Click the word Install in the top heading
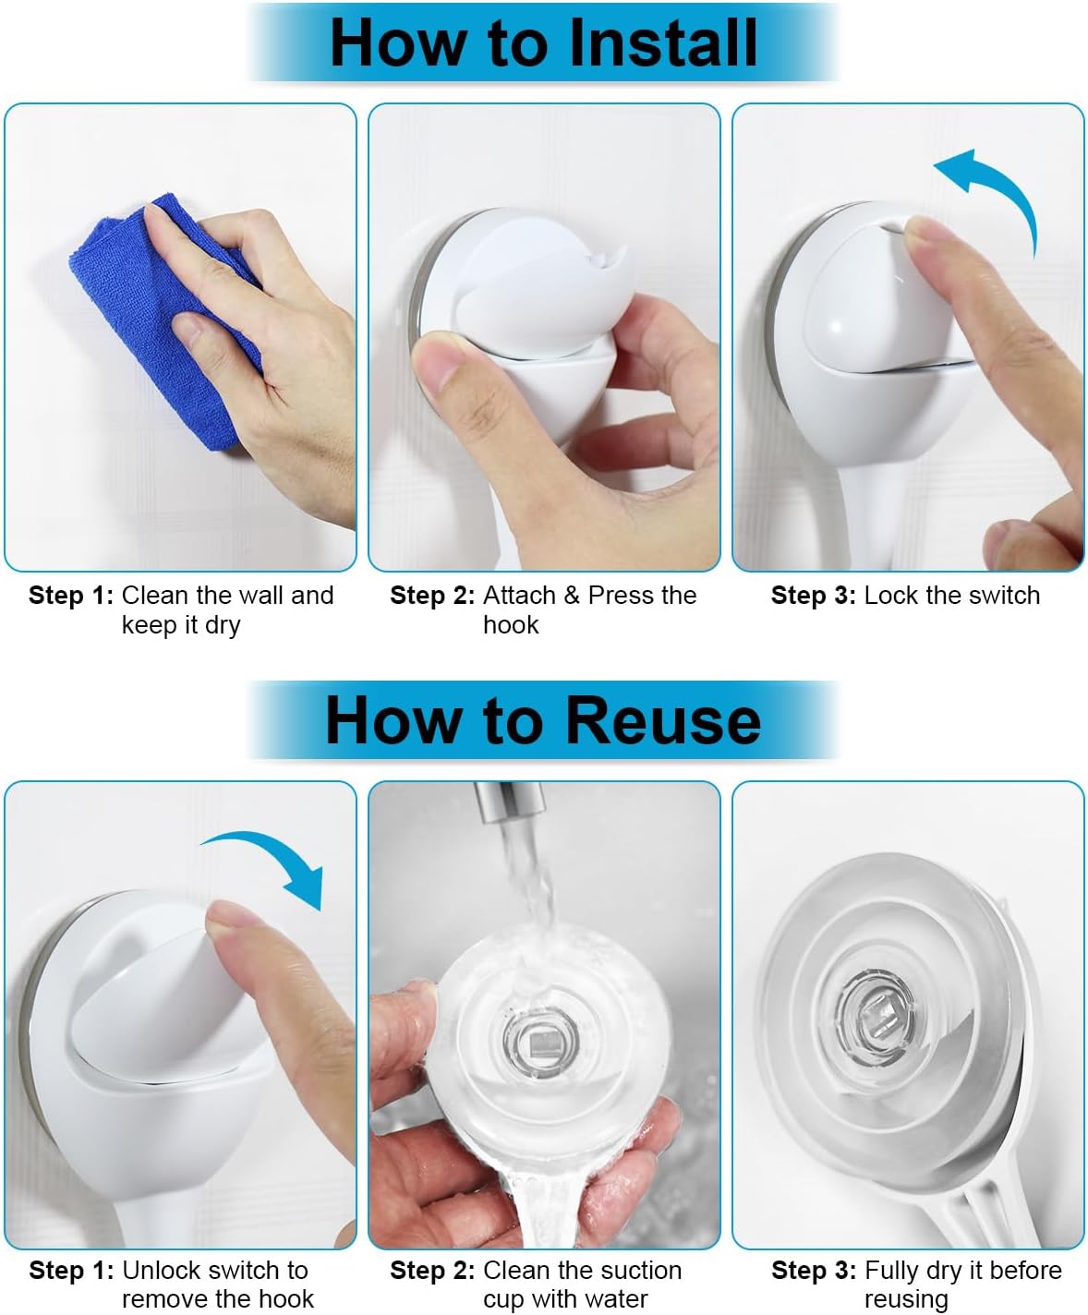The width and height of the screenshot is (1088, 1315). (663, 42)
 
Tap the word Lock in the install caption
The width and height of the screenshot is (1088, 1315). (887, 595)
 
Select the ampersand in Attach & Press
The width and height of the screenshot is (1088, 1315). (572, 595)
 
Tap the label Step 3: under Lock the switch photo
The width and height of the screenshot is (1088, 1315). (813, 595)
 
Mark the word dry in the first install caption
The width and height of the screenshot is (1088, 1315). (222, 626)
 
